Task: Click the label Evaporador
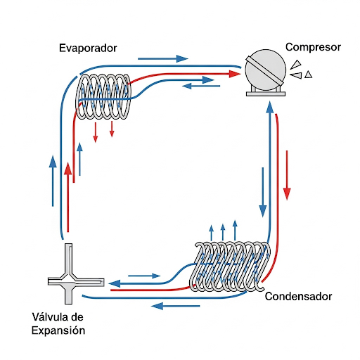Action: click(x=88, y=48)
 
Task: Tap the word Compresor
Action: click(x=313, y=48)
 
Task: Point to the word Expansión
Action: click(x=60, y=330)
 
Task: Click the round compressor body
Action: click(x=265, y=67)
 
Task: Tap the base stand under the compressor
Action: click(x=265, y=92)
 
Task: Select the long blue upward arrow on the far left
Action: click(x=53, y=180)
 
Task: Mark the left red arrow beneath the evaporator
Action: click(x=96, y=130)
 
